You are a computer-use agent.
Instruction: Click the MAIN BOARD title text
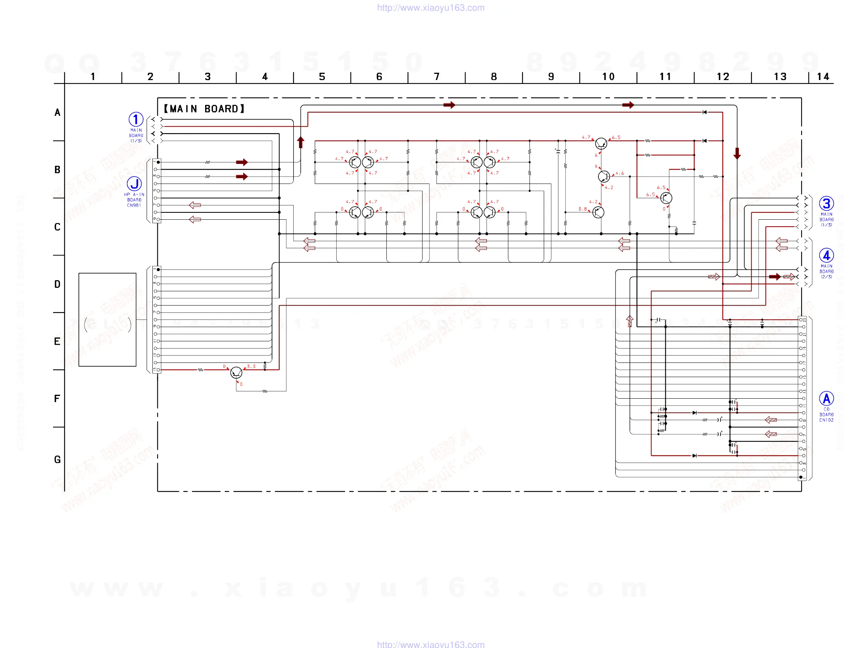204,109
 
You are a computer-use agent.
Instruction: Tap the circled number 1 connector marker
136,119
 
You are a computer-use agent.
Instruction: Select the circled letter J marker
134,184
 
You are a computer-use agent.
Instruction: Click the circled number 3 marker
826,204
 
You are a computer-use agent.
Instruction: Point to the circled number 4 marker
826,256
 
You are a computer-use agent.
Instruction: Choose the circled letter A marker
826,399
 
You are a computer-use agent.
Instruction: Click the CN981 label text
134,205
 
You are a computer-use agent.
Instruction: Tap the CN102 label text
826,420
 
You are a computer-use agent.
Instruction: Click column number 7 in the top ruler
436,77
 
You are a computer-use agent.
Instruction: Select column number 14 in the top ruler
823,77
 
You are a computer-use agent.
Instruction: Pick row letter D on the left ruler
57,284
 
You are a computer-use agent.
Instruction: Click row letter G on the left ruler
57,459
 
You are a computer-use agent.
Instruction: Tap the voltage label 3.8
582,209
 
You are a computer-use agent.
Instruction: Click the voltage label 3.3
251,366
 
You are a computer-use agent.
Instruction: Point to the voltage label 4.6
620,173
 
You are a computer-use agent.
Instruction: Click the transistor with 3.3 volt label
236,372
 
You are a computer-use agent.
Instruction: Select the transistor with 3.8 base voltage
598,212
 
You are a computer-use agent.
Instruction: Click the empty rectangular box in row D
107,319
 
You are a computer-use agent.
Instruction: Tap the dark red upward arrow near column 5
301,142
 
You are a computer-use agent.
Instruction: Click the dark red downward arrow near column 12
737,153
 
